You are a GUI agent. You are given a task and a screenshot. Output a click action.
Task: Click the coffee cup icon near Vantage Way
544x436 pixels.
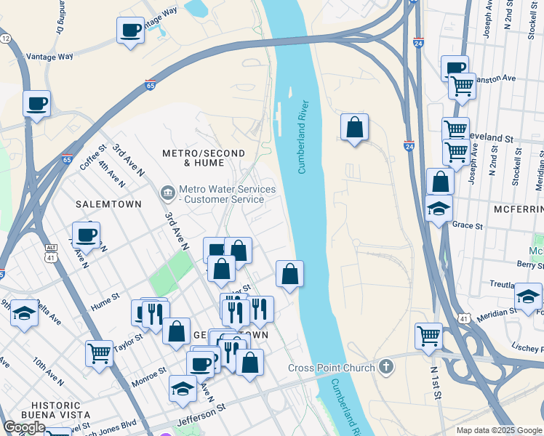pos(130,31)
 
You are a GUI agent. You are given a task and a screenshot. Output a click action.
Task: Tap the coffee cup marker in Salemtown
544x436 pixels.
pos(87,235)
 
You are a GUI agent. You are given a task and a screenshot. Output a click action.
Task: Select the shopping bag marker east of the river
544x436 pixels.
pos(354,127)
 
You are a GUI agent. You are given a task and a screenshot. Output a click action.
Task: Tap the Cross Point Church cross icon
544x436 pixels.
pos(385,367)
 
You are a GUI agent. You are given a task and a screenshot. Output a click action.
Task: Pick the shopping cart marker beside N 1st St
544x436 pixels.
pos(429,336)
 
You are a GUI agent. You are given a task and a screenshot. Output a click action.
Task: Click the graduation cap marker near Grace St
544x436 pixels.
pos(439,209)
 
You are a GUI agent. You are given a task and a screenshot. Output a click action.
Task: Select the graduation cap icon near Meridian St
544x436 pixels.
pos(528,296)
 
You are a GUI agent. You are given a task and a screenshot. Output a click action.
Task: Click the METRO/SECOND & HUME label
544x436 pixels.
pos(204,158)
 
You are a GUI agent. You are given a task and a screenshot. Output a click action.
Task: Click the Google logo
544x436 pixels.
pos(24,427)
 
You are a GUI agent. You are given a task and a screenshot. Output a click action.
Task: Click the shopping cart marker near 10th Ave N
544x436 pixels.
pos(99,354)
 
